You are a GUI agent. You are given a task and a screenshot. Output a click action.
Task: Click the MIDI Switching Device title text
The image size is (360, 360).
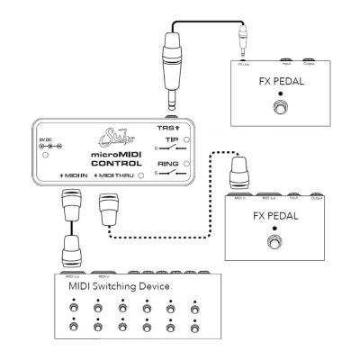point(120,285)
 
